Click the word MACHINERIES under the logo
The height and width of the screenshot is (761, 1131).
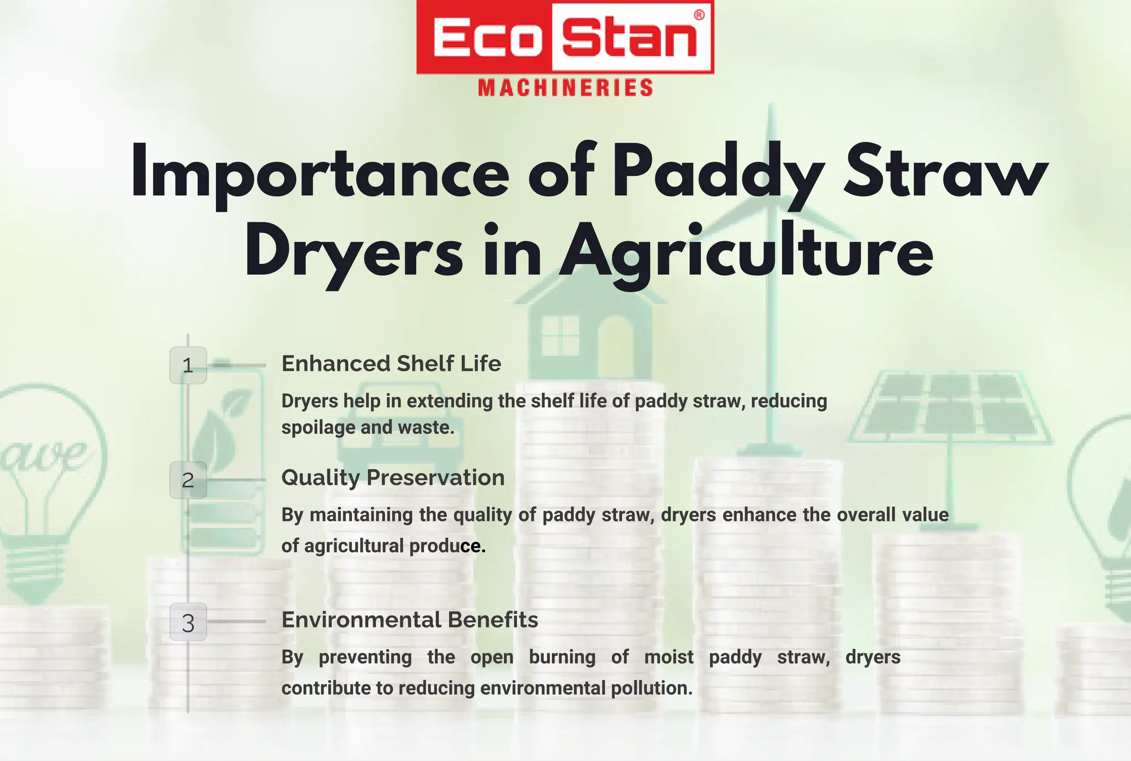565,88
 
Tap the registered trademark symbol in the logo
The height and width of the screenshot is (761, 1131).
699,15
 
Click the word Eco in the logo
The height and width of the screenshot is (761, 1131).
484,38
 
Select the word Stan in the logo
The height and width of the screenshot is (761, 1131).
630,38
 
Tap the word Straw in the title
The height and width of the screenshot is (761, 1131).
945,171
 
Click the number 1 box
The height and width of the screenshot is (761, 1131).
188,365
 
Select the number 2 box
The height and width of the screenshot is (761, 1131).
188,480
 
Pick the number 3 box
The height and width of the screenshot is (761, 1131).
188,622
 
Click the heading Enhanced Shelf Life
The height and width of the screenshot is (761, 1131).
391,364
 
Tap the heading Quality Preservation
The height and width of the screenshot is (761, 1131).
393,478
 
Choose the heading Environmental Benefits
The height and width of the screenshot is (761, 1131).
410,620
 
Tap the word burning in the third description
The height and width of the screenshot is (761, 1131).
562,657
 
